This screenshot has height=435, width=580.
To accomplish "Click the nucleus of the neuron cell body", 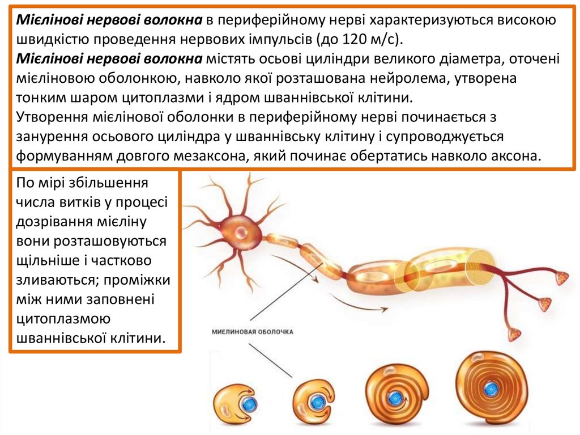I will coord(242,231).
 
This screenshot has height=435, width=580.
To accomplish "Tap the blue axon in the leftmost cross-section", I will coord(248,403).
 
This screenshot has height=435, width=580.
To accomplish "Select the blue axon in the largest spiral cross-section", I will coord(491,389).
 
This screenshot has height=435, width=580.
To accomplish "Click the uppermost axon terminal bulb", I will coord(562,278).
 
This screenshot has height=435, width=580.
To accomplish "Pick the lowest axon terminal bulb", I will coord(514,334).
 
